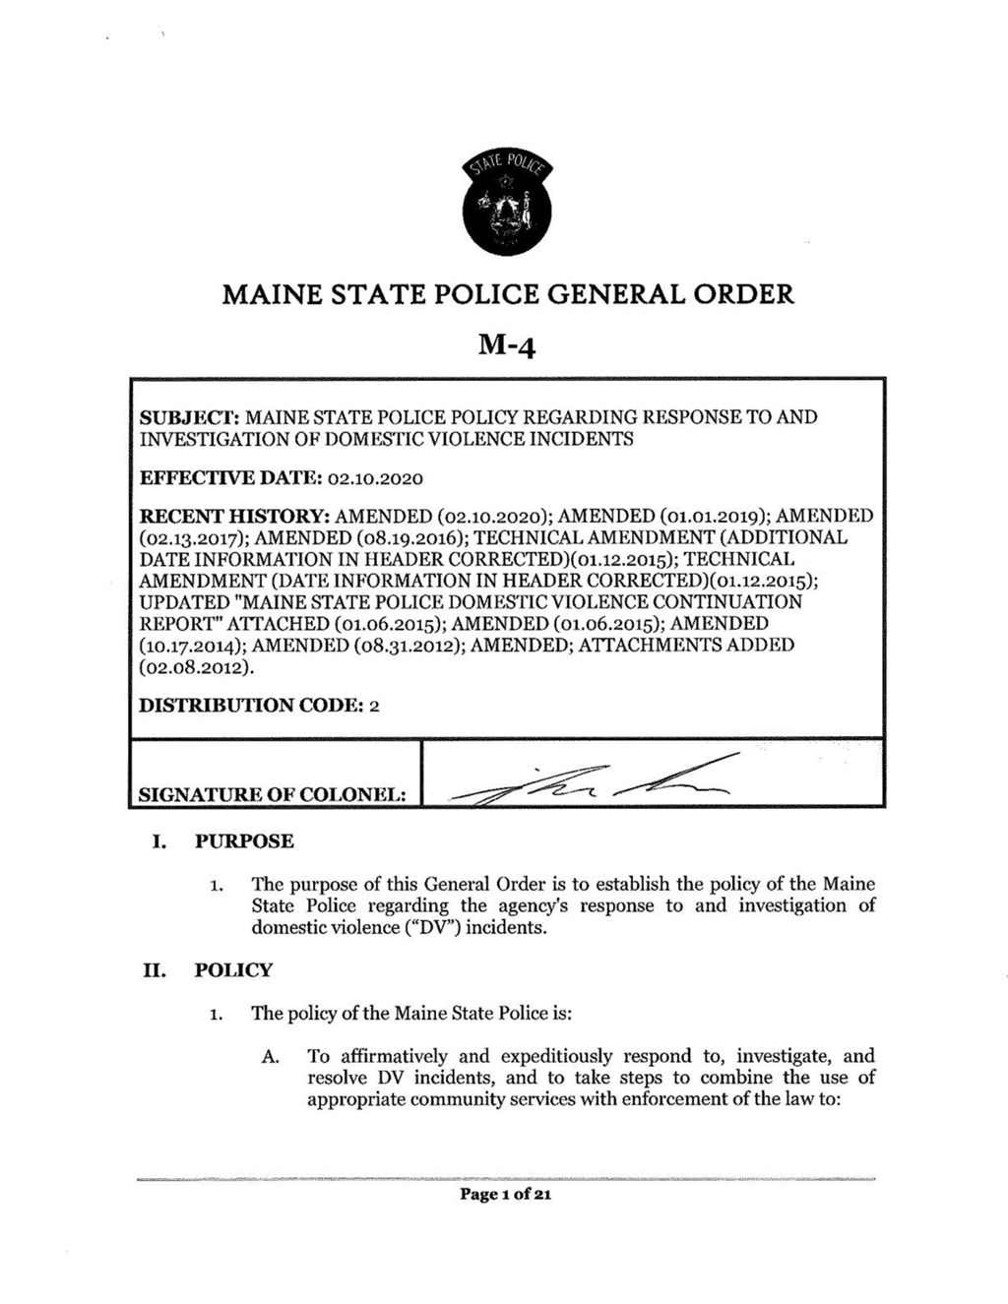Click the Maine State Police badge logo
coord(507,205)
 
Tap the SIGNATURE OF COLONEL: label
coord(273,793)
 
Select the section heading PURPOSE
coord(244,841)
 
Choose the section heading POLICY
coord(233,970)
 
